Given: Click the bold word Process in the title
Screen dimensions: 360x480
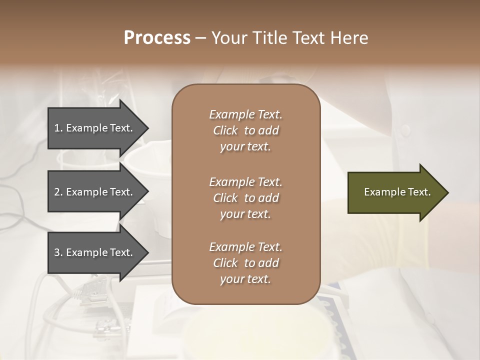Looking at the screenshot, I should (157, 38).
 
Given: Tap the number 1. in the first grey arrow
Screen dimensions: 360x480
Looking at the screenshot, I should (58, 128).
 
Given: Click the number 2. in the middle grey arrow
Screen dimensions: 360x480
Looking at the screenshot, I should (58, 192).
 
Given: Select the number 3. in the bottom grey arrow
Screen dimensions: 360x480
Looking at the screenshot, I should (58, 252).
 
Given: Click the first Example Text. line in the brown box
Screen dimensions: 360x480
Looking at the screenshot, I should (245, 114).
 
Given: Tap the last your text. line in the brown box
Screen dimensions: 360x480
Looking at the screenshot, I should (245, 279).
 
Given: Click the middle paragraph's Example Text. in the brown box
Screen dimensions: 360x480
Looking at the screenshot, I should (245, 181).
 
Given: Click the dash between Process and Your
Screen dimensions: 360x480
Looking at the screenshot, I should (200, 38).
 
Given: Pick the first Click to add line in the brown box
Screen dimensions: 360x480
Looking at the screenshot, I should (245, 130).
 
